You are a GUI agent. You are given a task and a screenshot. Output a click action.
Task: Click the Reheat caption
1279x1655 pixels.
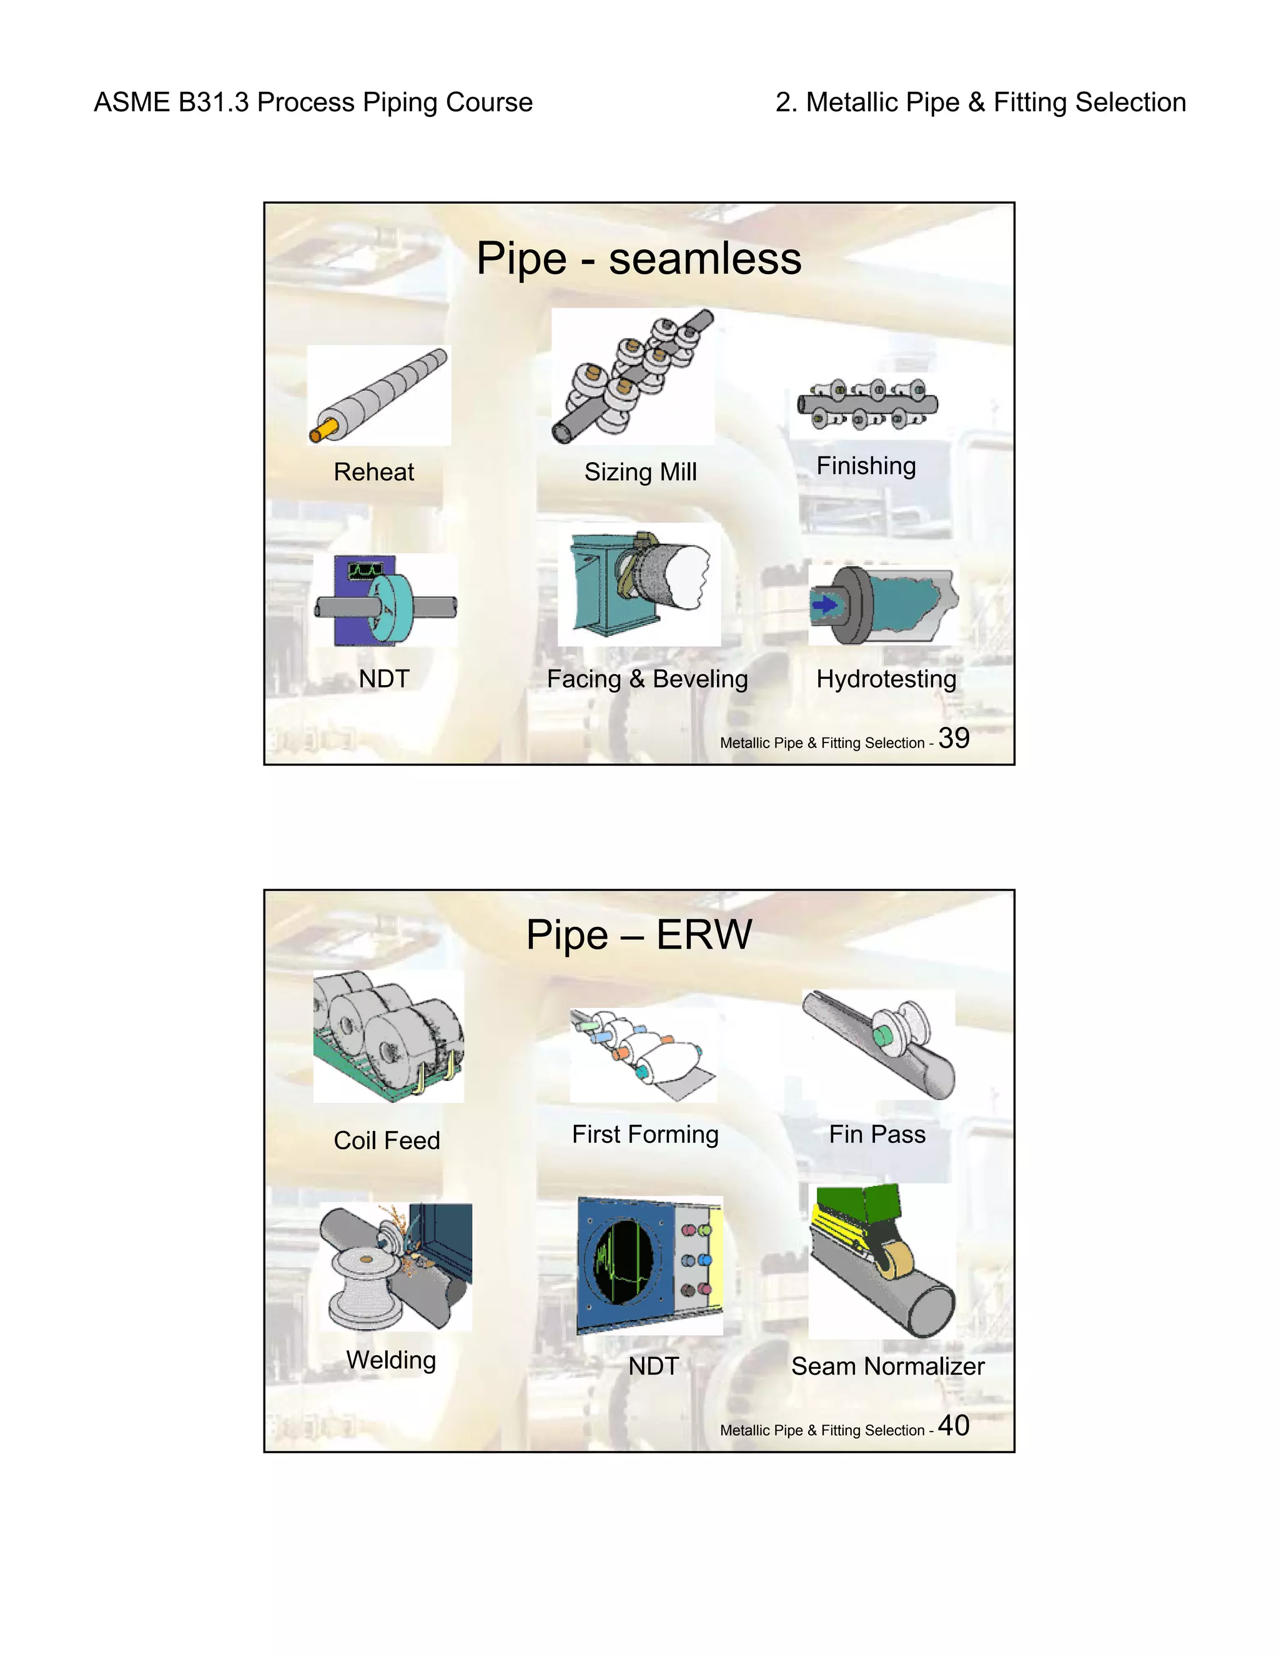tap(373, 472)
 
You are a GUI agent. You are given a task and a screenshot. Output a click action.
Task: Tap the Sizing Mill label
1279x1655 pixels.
tap(640, 472)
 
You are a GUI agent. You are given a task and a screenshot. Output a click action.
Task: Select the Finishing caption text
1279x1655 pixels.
tap(866, 465)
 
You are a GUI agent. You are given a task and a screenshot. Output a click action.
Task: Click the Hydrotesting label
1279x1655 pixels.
tap(886, 679)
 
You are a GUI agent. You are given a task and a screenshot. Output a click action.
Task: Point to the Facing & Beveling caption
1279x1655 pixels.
tap(647, 679)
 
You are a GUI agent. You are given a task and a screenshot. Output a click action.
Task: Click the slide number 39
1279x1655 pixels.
tap(954, 738)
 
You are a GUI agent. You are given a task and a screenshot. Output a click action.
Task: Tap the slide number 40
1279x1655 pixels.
tap(954, 1425)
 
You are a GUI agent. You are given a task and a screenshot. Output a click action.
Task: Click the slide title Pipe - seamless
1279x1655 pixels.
tap(639, 259)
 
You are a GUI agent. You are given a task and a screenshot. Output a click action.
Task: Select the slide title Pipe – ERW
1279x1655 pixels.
tap(639, 934)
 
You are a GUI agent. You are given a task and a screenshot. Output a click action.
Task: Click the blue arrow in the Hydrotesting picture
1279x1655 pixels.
tap(824, 605)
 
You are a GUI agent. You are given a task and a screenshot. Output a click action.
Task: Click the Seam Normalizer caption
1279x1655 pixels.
tap(887, 1366)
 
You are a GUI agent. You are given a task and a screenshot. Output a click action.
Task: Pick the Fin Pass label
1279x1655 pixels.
tap(877, 1134)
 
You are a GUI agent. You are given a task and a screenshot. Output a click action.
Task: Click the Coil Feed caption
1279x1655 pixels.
tap(387, 1140)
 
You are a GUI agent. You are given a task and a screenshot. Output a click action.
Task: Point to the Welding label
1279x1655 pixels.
tap(391, 1360)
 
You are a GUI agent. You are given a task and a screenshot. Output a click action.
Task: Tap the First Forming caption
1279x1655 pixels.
tap(644, 1134)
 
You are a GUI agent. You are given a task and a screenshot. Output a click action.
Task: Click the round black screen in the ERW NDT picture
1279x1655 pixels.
tap(624, 1262)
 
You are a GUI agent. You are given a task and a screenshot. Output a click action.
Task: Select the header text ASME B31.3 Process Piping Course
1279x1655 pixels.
tap(313, 102)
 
